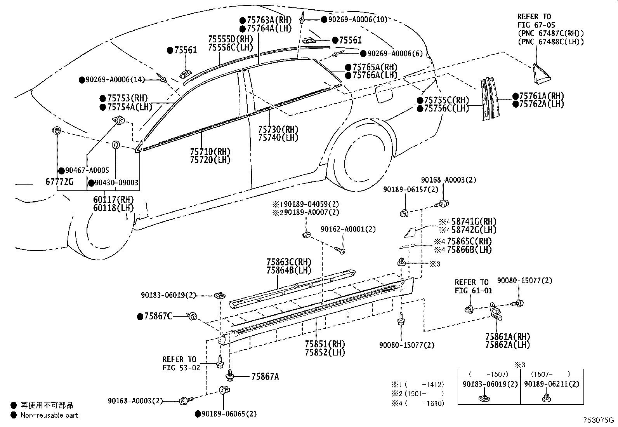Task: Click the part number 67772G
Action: [x=60, y=181]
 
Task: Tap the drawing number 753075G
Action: [x=599, y=420]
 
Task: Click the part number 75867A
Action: [x=265, y=376]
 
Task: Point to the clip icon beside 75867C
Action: [x=192, y=317]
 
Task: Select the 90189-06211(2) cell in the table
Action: [x=552, y=384]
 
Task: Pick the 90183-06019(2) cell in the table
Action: [x=489, y=384]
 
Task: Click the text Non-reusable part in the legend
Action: [x=49, y=415]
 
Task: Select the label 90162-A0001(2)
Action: [x=348, y=229]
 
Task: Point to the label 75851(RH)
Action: [x=325, y=344]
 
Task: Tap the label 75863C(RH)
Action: [x=289, y=262]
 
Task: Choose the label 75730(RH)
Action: [x=278, y=129]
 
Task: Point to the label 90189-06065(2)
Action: [x=229, y=414]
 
